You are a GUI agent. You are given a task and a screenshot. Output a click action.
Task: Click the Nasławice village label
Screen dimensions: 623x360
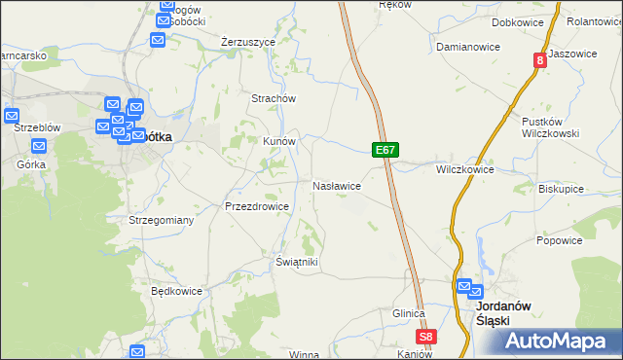(x=337, y=185)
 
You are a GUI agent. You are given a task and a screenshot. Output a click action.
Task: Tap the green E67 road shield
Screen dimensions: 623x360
(x=385, y=151)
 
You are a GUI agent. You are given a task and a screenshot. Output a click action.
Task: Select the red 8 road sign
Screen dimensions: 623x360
(x=538, y=60)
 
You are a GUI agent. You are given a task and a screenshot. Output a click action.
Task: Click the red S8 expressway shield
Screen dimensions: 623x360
(x=425, y=337)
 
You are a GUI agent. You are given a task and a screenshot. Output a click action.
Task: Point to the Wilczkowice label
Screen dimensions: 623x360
(x=464, y=169)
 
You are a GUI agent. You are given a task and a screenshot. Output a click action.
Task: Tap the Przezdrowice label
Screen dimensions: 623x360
(x=256, y=206)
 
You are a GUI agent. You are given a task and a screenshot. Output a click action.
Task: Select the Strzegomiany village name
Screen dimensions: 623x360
(x=162, y=221)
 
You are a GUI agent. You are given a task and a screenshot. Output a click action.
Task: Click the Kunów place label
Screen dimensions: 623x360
(x=279, y=141)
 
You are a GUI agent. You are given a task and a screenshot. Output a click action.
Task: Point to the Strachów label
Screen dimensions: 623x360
(x=274, y=98)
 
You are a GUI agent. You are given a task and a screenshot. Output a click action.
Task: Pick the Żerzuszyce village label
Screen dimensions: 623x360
(x=248, y=42)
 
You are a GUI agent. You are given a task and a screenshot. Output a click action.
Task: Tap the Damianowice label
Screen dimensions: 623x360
(x=468, y=47)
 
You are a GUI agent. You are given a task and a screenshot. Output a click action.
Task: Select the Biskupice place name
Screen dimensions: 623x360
(x=562, y=190)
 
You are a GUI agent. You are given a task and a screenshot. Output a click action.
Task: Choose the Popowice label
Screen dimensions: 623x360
(x=559, y=240)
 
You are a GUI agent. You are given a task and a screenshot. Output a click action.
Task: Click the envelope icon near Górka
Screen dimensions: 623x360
(x=40, y=147)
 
